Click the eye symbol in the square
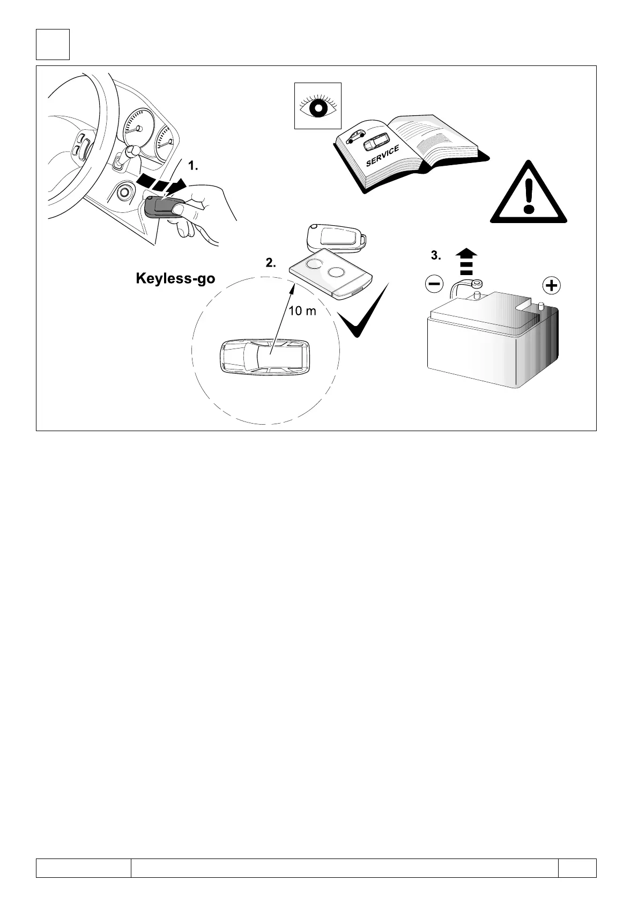(318, 106)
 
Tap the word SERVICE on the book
(382, 156)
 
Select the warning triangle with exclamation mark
(529, 194)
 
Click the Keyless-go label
(175, 279)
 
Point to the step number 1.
(193, 167)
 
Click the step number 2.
(271, 263)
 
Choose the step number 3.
(436, 256)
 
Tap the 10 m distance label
(302, 311)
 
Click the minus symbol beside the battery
(434, 283)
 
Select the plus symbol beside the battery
(551, 285)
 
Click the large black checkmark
(365, 314)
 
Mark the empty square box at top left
(53, 45)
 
